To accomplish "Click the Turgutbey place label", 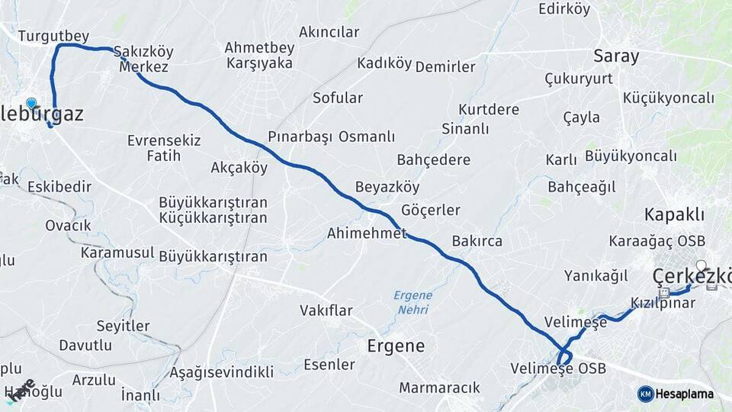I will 53,36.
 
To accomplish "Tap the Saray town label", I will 616,56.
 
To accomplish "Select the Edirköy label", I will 564,9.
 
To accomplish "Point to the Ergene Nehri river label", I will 413,302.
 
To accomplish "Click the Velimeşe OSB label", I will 560,369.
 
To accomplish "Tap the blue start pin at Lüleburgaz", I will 31,104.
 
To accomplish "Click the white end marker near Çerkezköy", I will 701,266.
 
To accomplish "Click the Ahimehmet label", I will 366,233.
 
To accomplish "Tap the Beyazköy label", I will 387,187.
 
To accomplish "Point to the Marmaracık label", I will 439,388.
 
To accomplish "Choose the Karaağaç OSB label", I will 657,240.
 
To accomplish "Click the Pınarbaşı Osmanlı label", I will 331,137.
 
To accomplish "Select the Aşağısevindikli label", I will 221,372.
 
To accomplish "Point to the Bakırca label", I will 477,241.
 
